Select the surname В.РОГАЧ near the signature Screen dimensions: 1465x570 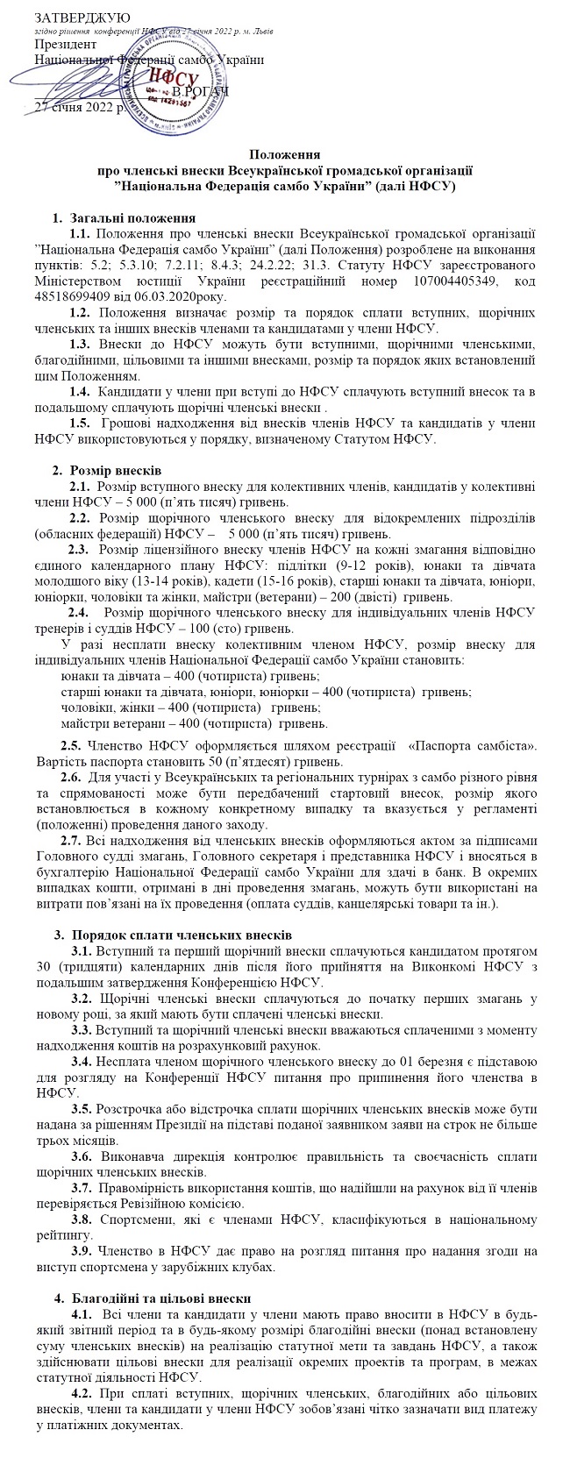[x=201, y=92]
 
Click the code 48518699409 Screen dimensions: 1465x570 [x=71, y=297]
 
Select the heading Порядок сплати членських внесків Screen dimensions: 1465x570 [x=182, y=932]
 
